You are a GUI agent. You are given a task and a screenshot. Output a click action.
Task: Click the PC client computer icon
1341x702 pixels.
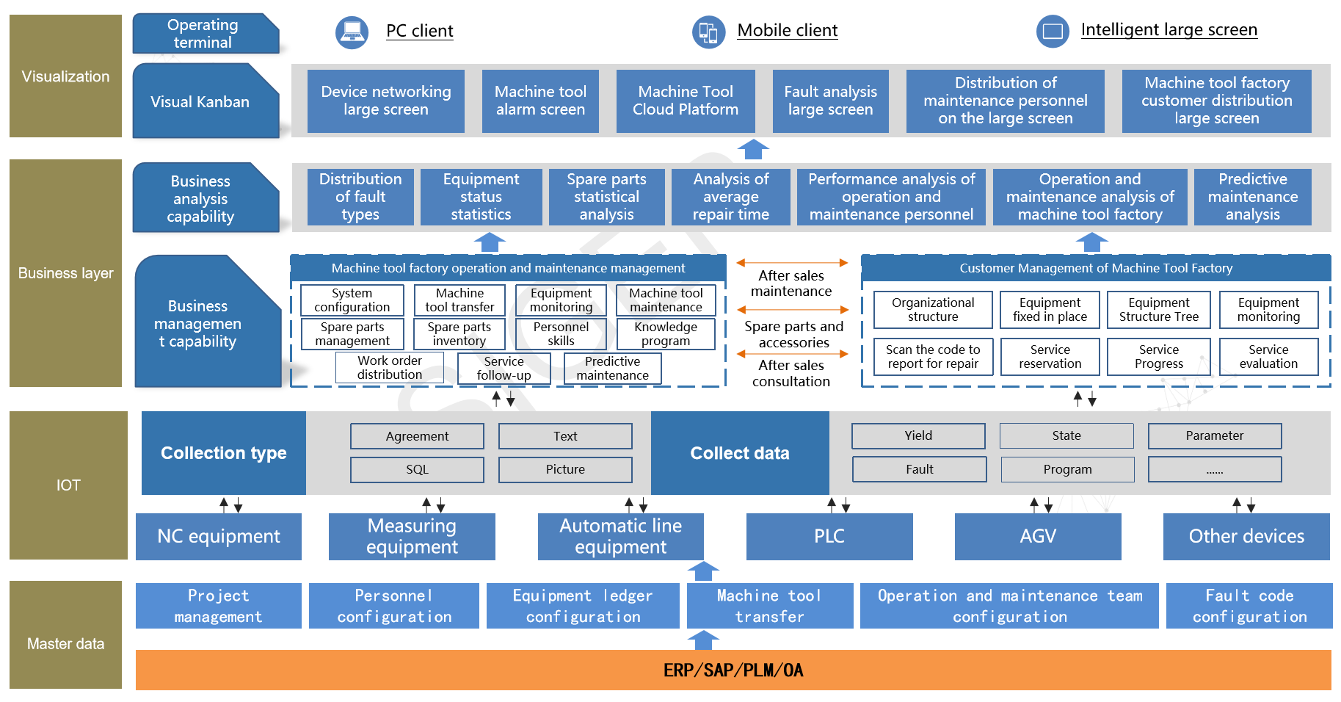tap(352, 32)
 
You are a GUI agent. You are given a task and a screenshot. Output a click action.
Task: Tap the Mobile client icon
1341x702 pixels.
tap(708, 32)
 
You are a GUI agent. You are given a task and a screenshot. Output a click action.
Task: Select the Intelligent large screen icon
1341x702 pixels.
tap(1053, 32)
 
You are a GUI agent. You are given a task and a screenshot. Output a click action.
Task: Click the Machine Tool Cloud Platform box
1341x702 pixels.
tap(686, 101)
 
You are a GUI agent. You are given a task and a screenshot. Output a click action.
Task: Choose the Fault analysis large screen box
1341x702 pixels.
tap(830, 101)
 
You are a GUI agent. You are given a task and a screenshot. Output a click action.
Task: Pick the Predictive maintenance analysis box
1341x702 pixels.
tap(1252, 197)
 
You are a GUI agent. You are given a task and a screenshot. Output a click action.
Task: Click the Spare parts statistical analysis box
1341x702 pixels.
tap(606, 197)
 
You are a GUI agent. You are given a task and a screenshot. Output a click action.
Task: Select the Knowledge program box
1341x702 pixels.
tap(666, 334)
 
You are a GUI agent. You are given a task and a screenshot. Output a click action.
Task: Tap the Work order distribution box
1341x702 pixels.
tap(390, 368)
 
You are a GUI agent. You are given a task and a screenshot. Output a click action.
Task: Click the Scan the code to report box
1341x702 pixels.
tap(933, 357)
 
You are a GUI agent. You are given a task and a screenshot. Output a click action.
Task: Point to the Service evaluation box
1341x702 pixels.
tap(1268, 357)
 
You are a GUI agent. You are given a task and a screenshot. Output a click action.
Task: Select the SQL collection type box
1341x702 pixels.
tap(417, 469)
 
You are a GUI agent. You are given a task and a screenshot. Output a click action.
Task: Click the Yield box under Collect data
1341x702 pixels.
tap(918, 435)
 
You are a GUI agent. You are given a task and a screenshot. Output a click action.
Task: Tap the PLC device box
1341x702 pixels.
tap(829, 536)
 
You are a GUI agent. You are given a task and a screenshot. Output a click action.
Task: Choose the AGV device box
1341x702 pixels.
tap(1038, 536)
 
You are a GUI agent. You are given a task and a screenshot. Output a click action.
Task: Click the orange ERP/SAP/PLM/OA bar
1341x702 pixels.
tap(733, 670)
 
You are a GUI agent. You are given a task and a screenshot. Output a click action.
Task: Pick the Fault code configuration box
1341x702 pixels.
tap(1249, 606)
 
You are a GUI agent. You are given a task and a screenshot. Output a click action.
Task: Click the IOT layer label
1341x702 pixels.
tap(68, 485)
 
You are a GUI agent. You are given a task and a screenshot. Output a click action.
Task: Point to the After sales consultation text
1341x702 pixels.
tap(791, 373)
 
